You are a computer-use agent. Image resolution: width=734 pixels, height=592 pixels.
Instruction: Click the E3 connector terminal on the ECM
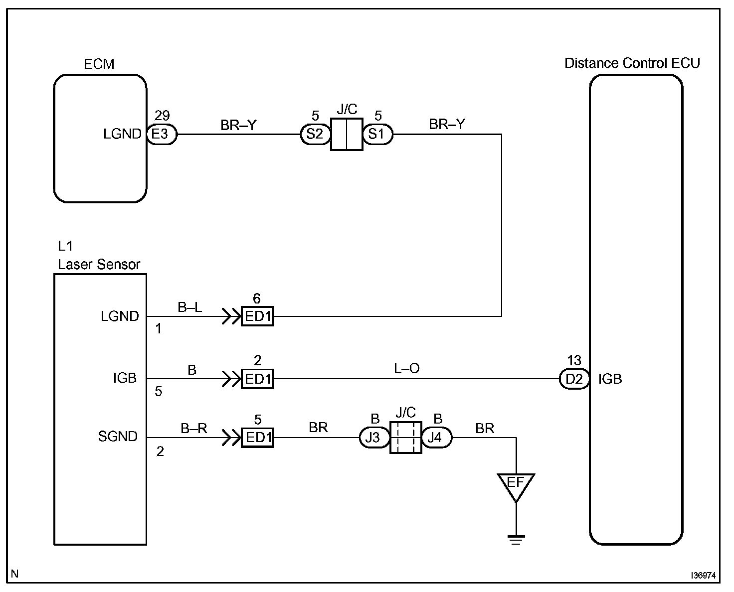point(162,134)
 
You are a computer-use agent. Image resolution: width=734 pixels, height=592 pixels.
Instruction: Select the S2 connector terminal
point(315,134)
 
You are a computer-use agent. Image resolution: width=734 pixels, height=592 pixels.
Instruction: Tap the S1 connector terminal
point(377,134)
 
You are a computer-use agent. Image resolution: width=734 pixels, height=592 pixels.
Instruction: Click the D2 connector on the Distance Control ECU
point(574,379)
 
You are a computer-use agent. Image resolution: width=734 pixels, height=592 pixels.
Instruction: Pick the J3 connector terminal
point(374,438)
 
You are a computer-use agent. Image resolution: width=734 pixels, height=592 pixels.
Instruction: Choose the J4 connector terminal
point(437,438)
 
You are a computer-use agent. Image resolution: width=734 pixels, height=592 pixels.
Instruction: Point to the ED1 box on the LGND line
point(257,316)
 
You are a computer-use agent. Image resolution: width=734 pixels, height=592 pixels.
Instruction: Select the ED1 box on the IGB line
point(257,379)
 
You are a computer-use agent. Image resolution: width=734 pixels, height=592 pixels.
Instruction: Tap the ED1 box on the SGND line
point(257,438)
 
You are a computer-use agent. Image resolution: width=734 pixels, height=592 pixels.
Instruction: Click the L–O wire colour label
point(406,368)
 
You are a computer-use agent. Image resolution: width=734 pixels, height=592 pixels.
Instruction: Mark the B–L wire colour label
point(189,307)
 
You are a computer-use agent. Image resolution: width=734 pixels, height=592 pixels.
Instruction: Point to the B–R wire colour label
point(193,428)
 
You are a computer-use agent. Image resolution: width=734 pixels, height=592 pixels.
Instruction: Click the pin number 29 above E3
point(162,115)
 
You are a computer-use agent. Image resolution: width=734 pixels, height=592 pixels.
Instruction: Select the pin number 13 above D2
point(574,360)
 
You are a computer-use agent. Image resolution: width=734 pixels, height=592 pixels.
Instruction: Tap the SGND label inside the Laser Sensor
point(118,437)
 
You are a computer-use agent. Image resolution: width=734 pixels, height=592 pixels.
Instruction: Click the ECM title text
point(99,64)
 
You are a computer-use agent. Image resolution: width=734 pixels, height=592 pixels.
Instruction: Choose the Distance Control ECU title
point(632,63)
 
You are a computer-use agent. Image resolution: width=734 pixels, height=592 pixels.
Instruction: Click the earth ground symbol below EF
point(516,540)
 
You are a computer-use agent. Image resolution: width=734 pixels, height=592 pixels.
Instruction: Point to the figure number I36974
point(703,576)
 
